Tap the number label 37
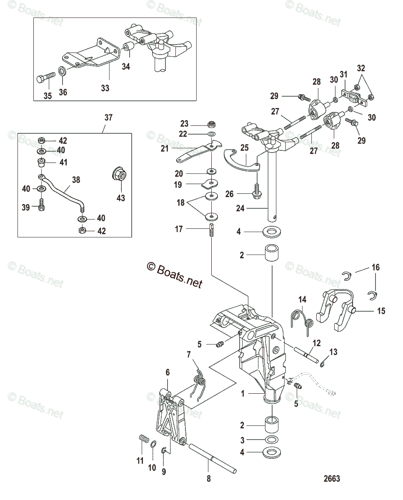pos(108,118)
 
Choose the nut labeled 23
pos(212,124)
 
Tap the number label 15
pos(381,311)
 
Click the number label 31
pos(343,74)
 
